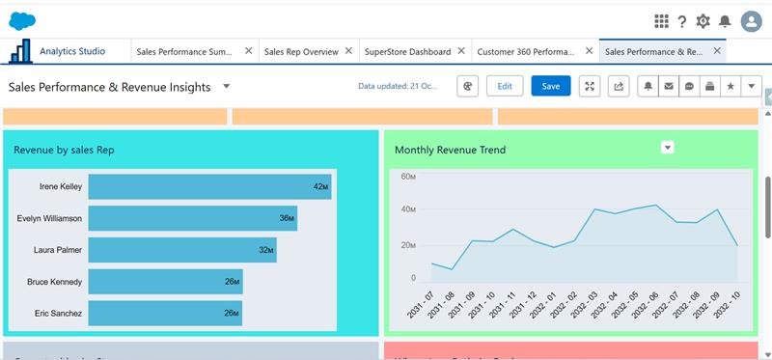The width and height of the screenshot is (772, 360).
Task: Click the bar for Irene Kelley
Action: pyautogui.click(x=209, y=186)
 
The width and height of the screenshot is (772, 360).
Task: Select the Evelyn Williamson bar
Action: pyautogui.click(x=192, y=218)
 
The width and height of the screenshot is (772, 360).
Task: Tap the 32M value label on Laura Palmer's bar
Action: pyautogui.click(x=265, y=250)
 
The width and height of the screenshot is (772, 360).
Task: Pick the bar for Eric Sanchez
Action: pyautogui.click(x=165, y=313)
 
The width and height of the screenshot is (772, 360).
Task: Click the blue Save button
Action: pyautogui.click(x=550, y=86)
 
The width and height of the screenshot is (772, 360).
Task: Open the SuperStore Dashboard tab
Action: pyautogui.click(x=406, y=51)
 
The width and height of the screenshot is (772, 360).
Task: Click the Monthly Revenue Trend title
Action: pyautogui.click(x=450, y=150)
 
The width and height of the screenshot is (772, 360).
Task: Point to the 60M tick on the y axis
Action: pyautogui.click(x=407, y=178)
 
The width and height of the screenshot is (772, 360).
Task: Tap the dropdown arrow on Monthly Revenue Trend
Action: pyautogui.click(x=666, y=147)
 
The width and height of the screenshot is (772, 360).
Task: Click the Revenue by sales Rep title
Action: pyautogui.click(x=64, y=150)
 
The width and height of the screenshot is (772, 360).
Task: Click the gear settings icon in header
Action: pyautogui.click(x=703, y=21)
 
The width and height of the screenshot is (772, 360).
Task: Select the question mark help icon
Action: pyautogui.click(x=682, y=21)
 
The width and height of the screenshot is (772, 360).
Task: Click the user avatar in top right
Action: pyautogui.click(x=751, y=21)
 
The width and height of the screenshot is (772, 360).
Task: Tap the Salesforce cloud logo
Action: pyautogui.click(x=22, y=20)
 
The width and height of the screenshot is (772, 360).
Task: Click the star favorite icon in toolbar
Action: pyautogui.click(x=731, y=86)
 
